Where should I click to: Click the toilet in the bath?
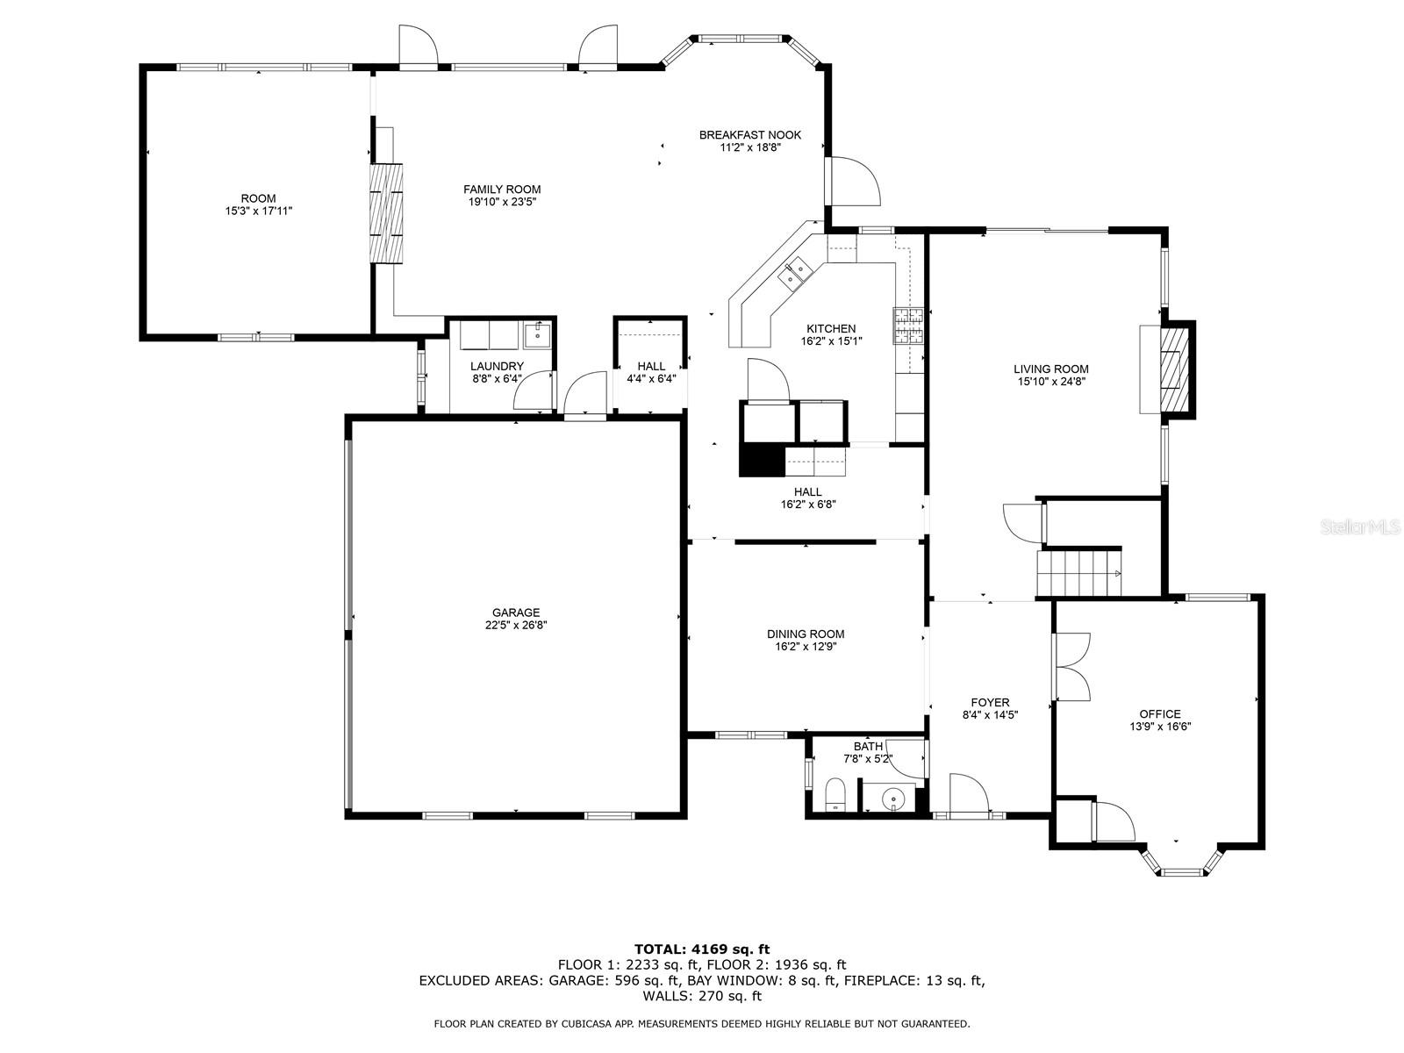(x=836, y=794)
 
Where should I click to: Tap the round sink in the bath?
(x=892, y=799)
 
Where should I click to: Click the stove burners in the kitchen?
(x=908, y=326)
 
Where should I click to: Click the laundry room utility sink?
(x=536, y=335)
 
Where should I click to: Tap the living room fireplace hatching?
(x=1171, y=369)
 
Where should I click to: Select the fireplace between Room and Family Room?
(x=385, y=212)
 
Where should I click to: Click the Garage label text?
(x=516, y=612)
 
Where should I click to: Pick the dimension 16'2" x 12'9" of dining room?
(x=806, y=647)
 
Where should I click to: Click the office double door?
(x=1071, y=667)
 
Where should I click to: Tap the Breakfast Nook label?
(x=749, y=135)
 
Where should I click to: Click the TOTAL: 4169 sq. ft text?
(x=702, y=949)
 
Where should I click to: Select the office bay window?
(x=1181, y=863)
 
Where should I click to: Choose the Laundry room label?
(x=497, y=366)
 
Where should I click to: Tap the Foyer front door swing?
(x=969, y=792)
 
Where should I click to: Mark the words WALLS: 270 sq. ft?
(x=702, y=996)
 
